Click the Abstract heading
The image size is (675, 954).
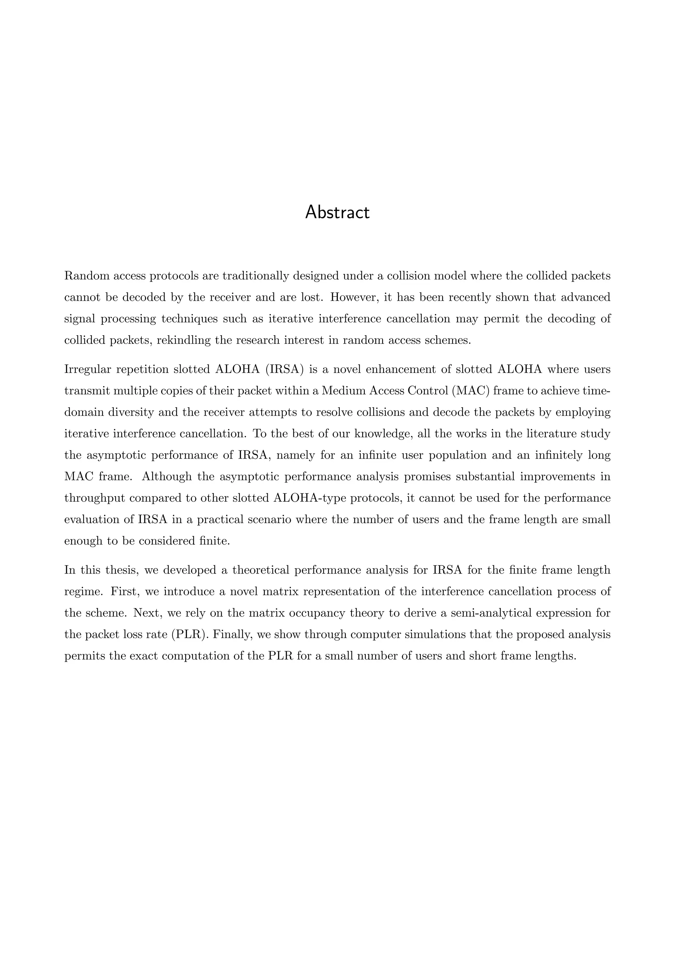pos(337,213)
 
